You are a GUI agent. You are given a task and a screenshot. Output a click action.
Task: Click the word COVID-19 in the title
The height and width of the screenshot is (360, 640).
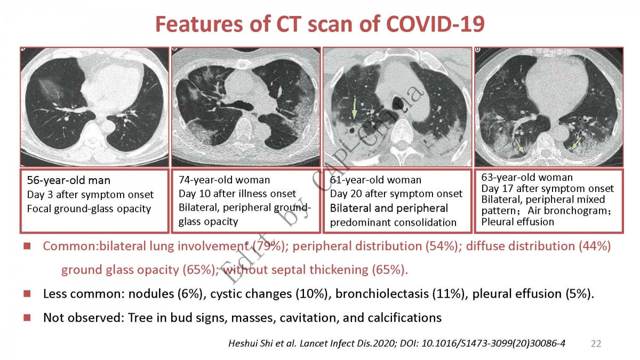click(435, 24)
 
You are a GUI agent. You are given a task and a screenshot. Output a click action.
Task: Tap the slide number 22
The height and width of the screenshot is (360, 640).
click(596, 343)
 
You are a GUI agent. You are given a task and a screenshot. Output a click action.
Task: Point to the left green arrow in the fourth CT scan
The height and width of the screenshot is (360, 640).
click(520, 146)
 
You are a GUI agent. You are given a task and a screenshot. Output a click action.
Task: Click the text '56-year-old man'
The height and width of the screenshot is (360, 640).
click(69, 180)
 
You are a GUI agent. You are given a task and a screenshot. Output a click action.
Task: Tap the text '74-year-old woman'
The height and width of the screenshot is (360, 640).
click(225, 180)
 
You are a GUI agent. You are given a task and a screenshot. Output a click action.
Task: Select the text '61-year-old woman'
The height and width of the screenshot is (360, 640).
click(375, 180)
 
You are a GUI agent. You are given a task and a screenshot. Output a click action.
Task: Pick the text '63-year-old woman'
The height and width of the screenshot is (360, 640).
click(527, 178)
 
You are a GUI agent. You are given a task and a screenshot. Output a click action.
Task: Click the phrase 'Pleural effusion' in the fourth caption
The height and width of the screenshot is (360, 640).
click(518, 222)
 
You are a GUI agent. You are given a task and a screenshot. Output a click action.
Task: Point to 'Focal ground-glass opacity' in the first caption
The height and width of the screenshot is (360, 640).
click(89, 209)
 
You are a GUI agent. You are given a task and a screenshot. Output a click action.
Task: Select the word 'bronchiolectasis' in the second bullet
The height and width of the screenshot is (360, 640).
click(382, 294)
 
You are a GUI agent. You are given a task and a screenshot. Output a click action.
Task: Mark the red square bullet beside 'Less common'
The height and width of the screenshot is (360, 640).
click(27, 294)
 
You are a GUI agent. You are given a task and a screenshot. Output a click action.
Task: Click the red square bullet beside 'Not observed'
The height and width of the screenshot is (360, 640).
click(27, 317)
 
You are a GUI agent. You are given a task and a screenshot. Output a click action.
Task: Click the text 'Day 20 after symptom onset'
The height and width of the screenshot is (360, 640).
click(396, 194)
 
